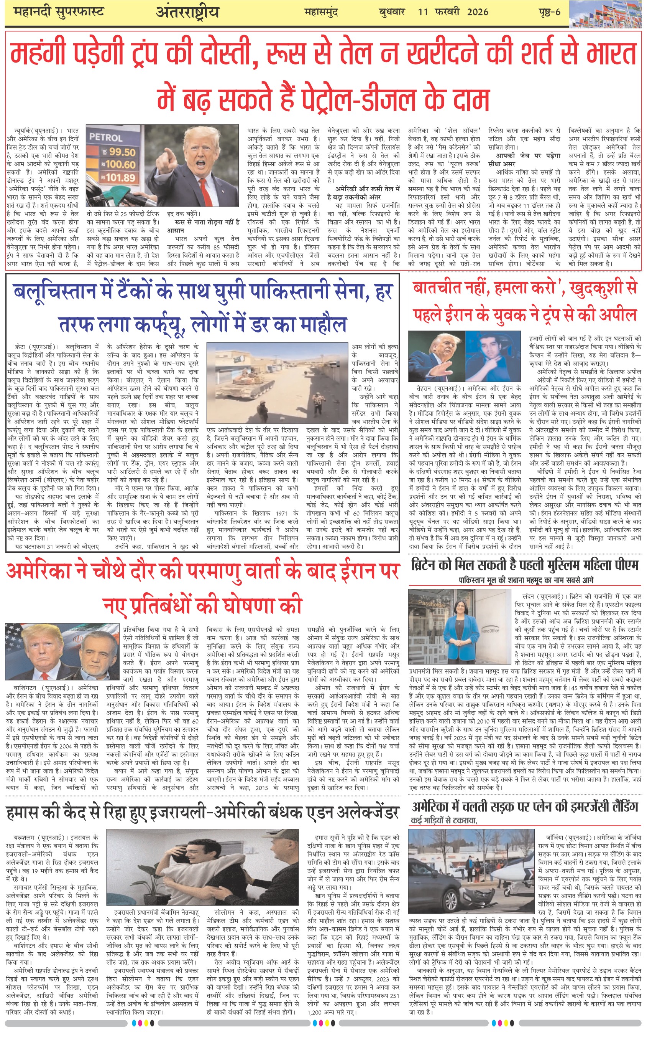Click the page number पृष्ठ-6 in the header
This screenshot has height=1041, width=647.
coord(549,12)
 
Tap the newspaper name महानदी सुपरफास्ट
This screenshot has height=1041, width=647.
coord(59,12)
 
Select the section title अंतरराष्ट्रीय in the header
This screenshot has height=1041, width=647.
coord(187,12)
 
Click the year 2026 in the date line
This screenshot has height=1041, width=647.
coord(478,12)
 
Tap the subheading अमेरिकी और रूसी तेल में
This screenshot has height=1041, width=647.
coord(367,188)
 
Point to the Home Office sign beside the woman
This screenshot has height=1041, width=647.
coord(490,631)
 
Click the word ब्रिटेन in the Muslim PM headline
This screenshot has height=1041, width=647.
coord(431,565)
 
